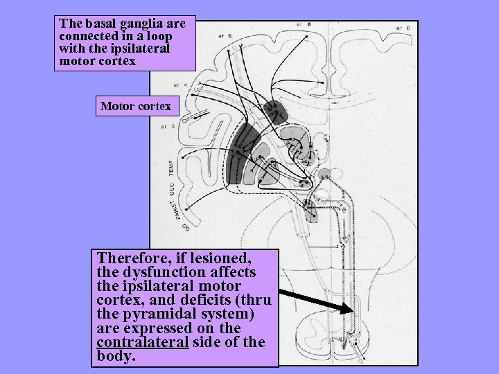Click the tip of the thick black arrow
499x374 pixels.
tap(351, 310)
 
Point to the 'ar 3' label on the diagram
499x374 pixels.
tap(167, 127)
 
